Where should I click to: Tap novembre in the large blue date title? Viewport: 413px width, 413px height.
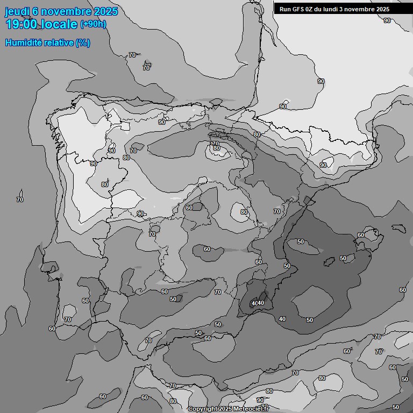pos(65,11)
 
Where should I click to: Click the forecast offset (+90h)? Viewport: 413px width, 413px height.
pos(94,24)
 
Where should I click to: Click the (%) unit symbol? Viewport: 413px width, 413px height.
pos(83,42)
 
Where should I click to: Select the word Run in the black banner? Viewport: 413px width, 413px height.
pos(285,9)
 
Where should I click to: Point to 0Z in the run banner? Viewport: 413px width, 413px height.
pos(311,9)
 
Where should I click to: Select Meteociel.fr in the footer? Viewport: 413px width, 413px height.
pos(251,409)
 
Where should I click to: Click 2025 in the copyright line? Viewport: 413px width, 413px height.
pos(225,409)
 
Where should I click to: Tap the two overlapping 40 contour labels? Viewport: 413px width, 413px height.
pos(258,304)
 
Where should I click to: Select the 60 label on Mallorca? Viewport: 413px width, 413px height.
pos(361,235)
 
